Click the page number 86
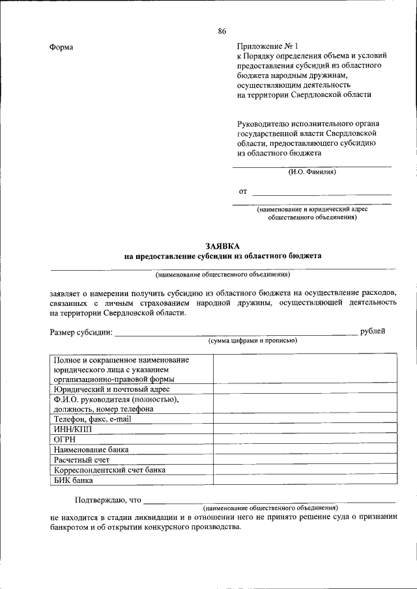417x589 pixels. coord(222,31)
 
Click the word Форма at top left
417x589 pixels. coord(61,48)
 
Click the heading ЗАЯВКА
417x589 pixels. coord(222,246)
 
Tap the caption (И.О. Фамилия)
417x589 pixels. coord(312,172)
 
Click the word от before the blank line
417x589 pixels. coord(243,191)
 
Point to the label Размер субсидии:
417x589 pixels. coord(81,333)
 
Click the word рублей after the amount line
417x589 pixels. coord(373,332)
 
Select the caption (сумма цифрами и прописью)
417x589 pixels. coord(253,341)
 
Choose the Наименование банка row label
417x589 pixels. coord(91,450)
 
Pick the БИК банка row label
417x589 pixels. coord(74,480)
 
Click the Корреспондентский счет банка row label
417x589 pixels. coord(109,470)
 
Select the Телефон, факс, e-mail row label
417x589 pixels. coord(93,419)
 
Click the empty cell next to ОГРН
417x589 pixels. coord(304,439)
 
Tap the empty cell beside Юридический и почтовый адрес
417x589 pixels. coord(304,389)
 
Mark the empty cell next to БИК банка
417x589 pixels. coord(304,480)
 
